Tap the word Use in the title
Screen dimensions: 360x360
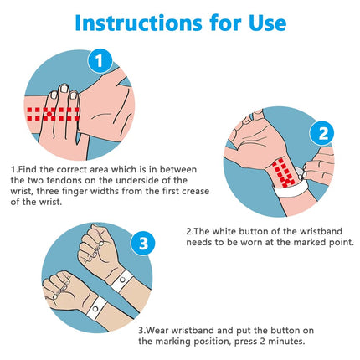(x=267, y=23)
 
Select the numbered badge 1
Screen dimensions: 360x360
(x=100, y=61)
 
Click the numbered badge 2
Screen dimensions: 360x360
(x=323, y=134)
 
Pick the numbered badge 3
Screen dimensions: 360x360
(x=143, y=243)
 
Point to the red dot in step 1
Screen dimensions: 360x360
(x=49, y=114)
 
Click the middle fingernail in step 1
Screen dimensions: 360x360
(x=64, y=89)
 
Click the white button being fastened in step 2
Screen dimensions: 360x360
(x=301, y=177)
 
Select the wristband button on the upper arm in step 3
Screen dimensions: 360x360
(x=122, y=280)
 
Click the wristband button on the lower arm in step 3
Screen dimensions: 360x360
(x=95, y=309)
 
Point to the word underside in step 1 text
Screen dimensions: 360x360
(x=137, y=180)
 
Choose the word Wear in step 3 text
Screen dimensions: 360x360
(x=157, y=331)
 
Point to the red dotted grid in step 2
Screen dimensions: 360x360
(x=284, y=172)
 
